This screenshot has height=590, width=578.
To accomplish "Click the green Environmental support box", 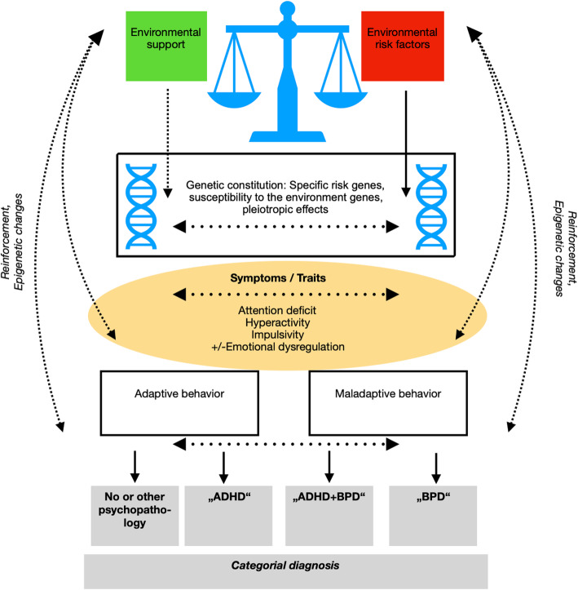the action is pyautogui.click(x=166, y=46).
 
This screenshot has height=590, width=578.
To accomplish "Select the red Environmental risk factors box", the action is pyautogui.click(x=403, y=46).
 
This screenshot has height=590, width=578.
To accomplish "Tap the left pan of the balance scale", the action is pyautogui.click(x=234, y=100).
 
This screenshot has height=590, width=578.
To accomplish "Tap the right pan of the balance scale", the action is pyautogui.click(x=341, y=100).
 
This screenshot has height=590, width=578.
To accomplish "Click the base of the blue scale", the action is pyautogui.click(x=288, y=136).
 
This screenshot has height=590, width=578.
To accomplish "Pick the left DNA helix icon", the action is pyautogui.click(x=141, y=206).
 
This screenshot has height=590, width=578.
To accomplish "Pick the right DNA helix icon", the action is pyautogui.click(x=431, y=206).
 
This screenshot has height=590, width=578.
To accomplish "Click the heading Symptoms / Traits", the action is pyautogui.click(x=278, y=278).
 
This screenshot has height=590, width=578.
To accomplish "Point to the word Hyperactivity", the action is pyautogui.click(x=278, y=322).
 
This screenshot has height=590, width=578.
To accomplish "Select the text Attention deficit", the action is pyautogui.click(x=277, y=310).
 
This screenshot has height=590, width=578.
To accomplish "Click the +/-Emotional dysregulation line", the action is pyautogui.click(x=278, y=347).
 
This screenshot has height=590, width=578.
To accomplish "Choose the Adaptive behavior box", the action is pyautogui.click(x=179, y=403).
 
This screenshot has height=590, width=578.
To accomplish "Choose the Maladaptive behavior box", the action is pyautogui.click(x=388, y=403).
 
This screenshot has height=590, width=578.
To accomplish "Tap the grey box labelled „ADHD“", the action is pyautogui.click(x=228, y=516).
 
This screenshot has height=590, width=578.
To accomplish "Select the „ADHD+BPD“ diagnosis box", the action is pyautogui.click(x=329, y=516).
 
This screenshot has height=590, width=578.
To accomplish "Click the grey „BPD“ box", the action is pyautogui.click(x=433, y=516).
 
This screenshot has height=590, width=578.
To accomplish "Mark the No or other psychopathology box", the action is pyautogui.click(x=135, y=516).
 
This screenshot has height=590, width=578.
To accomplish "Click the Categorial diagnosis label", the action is pyautogui.click(x=285, y=566).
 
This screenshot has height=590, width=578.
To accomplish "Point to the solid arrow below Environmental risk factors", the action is pyautogui.click(x=406, y=144).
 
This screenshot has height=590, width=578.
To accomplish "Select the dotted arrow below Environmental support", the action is pyautogui.click(x=168, y=144).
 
